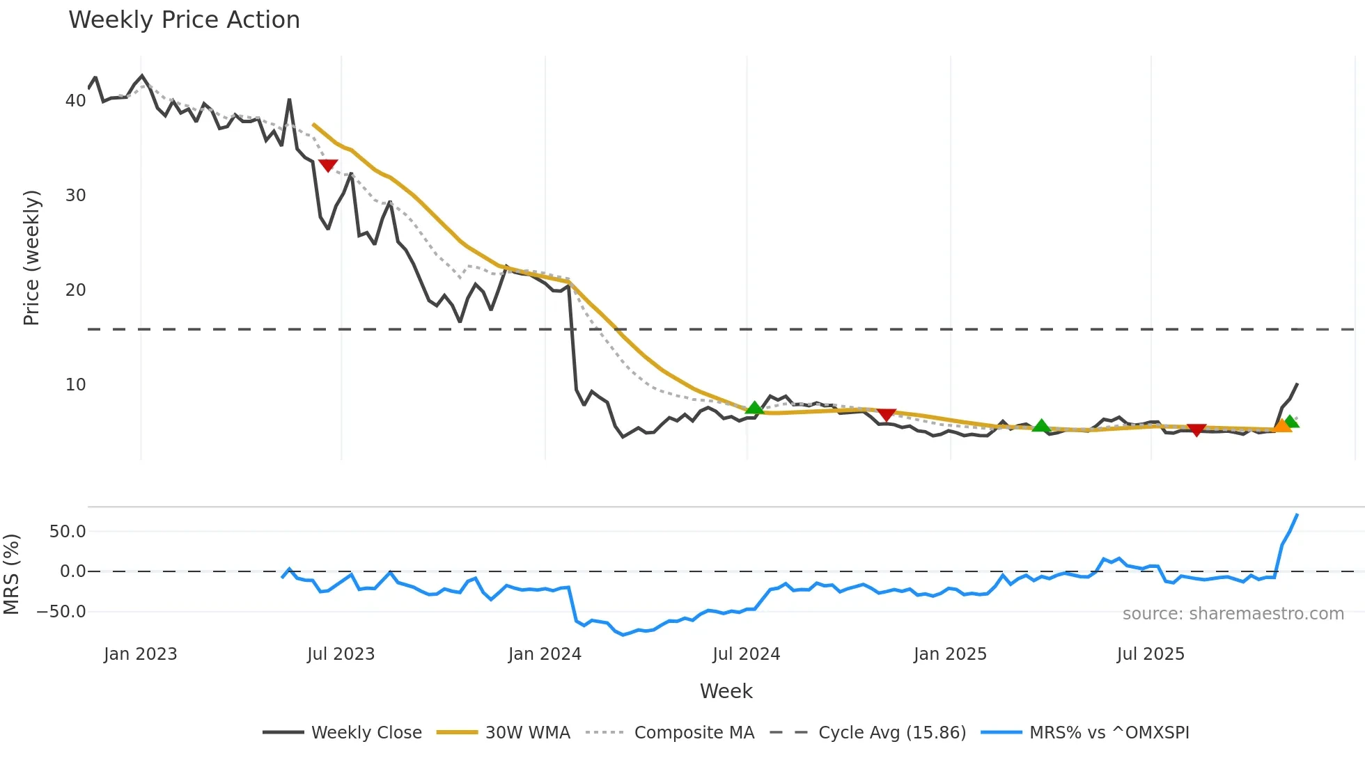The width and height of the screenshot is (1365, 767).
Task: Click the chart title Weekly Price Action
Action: (x=184, y=20)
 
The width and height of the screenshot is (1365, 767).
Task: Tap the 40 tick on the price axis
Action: (x=75, y=101)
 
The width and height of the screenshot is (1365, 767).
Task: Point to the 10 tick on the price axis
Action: (x=75, y=385)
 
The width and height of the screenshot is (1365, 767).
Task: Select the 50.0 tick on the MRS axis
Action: (x=68, y=532)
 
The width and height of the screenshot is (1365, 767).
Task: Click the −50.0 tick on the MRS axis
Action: (x=61, y=612)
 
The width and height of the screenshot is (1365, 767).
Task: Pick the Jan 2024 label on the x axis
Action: (x=545, y=654)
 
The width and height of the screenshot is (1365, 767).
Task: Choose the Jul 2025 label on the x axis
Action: (x=1150, y=654)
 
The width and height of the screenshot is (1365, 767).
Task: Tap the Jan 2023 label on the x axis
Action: (x=141, y=654)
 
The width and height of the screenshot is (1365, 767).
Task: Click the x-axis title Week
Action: (x=726, y=691)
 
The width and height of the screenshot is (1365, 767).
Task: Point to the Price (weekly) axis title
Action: (x=31, y=258)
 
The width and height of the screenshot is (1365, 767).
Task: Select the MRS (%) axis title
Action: (x=11, y=574)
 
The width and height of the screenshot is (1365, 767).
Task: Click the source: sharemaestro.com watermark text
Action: (x=1233, y=614)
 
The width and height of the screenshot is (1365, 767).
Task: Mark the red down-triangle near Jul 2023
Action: (x=328, y=166)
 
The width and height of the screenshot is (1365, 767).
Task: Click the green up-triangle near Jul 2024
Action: (x=754, y=408)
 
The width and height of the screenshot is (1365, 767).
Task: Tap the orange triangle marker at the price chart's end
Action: (x=1282, y=426)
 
